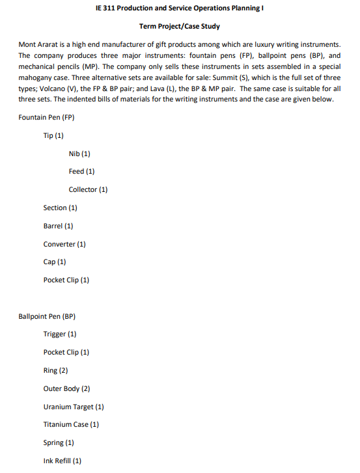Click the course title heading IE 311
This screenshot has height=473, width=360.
tap(180, 8)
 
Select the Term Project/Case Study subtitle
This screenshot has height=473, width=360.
tap(180, 26)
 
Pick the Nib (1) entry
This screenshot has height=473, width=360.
tap(79, 154)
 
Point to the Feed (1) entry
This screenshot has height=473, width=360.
tap(81, 171)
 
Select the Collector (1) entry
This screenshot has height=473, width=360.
tap(88, 189)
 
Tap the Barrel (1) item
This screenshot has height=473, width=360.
tap(58, 226)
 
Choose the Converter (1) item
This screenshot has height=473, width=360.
tap(64, 244)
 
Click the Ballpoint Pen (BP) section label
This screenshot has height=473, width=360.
tap(47, 316)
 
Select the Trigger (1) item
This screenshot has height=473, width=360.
tap(60, 334)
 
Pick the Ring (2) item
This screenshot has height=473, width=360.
tap(55, 370)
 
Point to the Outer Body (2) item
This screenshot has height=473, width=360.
tap(66, 388)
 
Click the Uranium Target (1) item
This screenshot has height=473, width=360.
tap(74, 407)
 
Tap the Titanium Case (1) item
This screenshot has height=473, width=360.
tap(71, 424)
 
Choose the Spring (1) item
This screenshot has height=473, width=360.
tap(59, 442)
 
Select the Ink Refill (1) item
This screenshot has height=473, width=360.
tap(62, 461)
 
